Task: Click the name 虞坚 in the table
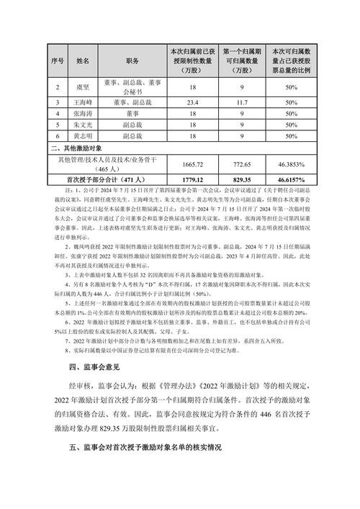(x=81, y=87)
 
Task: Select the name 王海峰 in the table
(x=81, y=103)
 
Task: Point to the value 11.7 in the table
(x=241, y=103)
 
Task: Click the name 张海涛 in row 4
(x=81, y=113)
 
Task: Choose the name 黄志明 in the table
(x=81, y=135)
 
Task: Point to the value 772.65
(x=241, y=163)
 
